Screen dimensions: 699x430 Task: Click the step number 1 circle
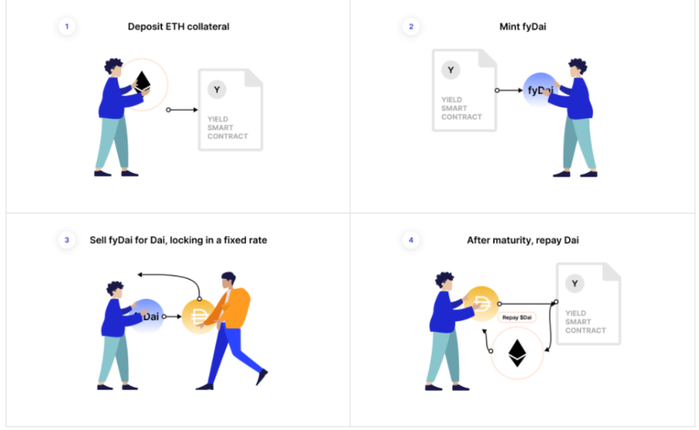[67, 26]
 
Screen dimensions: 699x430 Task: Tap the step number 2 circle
[411, 26]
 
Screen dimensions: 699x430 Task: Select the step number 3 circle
[67, 240]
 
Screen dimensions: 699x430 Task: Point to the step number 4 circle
[411, 240]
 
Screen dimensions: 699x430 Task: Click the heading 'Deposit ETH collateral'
[178, 27]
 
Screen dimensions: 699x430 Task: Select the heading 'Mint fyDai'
[522, 27]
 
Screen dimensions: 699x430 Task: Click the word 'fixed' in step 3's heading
[234, 240]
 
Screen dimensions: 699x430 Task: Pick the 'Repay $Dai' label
[517, 318]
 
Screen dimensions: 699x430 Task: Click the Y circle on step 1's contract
[217, 90]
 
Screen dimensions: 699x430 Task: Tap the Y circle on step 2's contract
[451, 70]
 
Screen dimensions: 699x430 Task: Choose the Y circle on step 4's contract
[575, 283]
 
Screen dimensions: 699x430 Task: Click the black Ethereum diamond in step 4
[517, 353]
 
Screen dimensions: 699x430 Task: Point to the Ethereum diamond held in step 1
[143, 81]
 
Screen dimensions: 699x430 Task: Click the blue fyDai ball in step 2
[540, 90]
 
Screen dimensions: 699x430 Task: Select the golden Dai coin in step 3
[199, 317]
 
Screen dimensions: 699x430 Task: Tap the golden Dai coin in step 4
[482, 303]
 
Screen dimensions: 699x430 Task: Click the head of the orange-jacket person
[228, 281]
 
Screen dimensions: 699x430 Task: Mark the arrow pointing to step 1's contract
[182, 110]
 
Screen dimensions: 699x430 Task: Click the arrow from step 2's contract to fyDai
[509, 91]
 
